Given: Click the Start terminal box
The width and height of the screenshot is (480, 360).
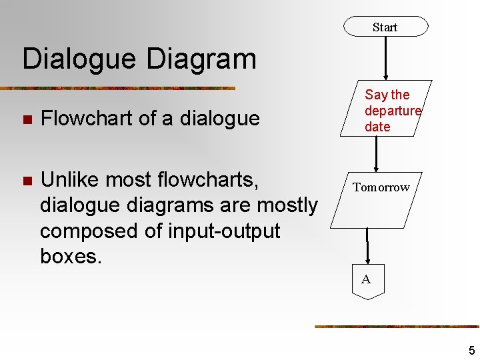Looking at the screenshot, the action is pos(385,27).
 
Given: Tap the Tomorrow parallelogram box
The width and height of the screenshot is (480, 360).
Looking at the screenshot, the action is pos(381,187).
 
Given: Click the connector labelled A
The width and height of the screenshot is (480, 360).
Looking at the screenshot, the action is pos(368,281).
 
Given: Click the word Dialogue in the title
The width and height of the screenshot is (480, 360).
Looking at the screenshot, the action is pos(79,59).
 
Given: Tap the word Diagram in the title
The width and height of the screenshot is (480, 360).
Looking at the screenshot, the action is pos(201,59).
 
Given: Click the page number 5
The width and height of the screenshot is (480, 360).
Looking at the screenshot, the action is pos(471,351).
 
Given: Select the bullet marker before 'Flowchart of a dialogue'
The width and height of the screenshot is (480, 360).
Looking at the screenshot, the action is pos(27,120).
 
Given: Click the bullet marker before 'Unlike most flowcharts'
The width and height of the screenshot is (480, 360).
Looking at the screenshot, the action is pos(27,181).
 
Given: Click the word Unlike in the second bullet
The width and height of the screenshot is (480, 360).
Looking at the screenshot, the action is pos(73,180).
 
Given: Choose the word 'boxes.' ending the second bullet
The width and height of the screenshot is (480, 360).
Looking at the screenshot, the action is pos(71,256).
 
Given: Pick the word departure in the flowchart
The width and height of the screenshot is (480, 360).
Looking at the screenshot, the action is pos(393,111).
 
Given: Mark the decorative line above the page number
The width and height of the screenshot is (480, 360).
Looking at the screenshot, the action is pos(397,326).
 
